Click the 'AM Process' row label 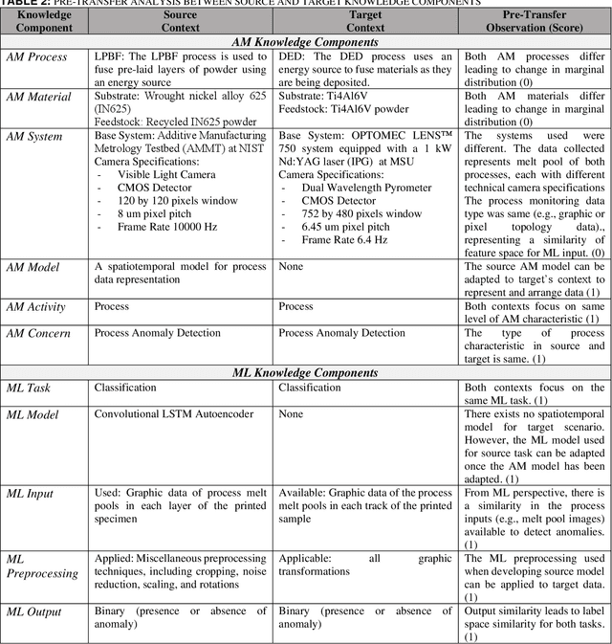(37, 57)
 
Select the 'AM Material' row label (38, 98)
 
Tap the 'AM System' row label (36, 138)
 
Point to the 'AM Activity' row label (38, 318)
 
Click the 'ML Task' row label (32, 389)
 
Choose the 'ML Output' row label (35, 611)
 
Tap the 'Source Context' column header (180, 21)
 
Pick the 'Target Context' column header (365, 21)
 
